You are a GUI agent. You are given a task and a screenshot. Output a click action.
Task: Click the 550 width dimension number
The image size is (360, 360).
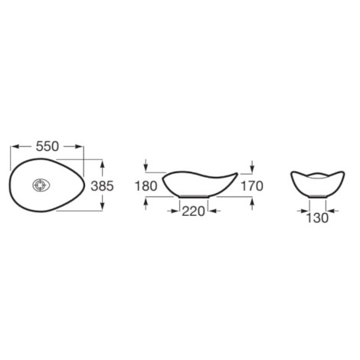coord(47,146)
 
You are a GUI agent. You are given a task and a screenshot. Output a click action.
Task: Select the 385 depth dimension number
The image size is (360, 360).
coord(102,186)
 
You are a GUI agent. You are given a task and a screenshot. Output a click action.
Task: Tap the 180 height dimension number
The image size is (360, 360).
coord(146,186)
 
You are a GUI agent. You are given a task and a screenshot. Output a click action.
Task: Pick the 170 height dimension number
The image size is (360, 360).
coord(252,186)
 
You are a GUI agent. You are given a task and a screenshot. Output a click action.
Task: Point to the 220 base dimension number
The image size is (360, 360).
coord(193,211)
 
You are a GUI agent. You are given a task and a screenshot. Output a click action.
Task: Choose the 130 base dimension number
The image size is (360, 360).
coord(317,218)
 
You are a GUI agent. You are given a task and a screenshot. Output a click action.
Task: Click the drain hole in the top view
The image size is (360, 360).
coord(41,185)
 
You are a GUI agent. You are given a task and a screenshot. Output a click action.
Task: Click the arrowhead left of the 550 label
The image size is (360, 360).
coord(15,146)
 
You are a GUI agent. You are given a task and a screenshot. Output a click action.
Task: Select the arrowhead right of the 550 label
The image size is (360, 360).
coord(78,146)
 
